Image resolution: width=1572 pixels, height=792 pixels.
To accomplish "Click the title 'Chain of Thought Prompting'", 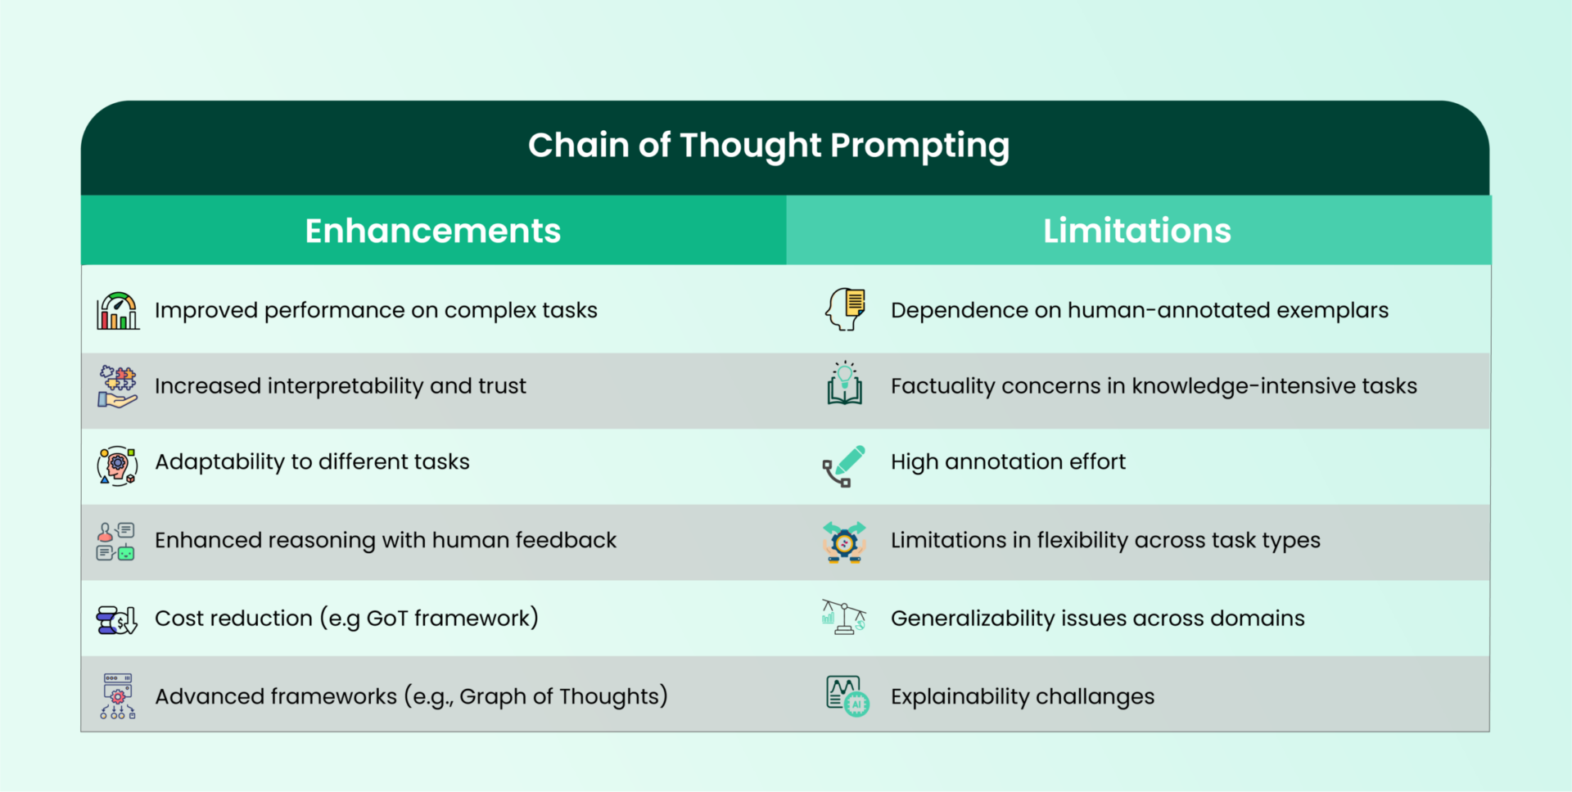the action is pyautogui.click(x=769, y=146).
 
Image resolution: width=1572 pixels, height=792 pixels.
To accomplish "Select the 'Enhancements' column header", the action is pyautogui.click(x=433, y=231).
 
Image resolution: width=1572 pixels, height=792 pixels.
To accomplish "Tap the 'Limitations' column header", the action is pyautogui.click(x=1137, y=231).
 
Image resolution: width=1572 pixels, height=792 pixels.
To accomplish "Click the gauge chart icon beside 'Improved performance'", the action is pyautogui.click(x=118, y=311).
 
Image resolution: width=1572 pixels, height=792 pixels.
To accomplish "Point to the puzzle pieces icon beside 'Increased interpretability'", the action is pyautogui.click(x=118, y=386).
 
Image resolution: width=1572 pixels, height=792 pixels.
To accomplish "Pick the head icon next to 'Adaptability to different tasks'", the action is pyautogui.click(x=117, y=466).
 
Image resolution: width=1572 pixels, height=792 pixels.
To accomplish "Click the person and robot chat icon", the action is pyautogui.click(x=115, y=542).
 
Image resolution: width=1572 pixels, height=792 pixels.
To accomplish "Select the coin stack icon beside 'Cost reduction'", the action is pyautogui.click(x=116, y=620).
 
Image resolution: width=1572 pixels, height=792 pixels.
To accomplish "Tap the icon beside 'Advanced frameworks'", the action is pyautogui.click(x=118, y=696).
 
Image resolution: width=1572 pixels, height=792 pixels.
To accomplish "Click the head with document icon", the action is pyautogui.click(x=845, y=309).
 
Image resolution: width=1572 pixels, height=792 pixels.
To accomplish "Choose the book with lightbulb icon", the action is pyautogui.click(x=845, y=384).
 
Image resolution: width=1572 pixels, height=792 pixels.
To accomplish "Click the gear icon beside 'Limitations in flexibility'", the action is pyautogui.click(x=844, y=542).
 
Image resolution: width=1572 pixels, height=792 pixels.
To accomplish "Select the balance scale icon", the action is pyautogui.click(x=844, y=617).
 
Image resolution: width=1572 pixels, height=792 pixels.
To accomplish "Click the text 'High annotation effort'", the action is pyautogui.click(x=1008, y=462).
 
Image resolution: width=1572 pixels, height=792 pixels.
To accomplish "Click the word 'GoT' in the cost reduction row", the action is pyautogui.click(x=386, y=619).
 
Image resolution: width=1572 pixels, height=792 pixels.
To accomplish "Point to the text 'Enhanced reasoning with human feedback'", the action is pyautogui.click(x=386, y=541).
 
